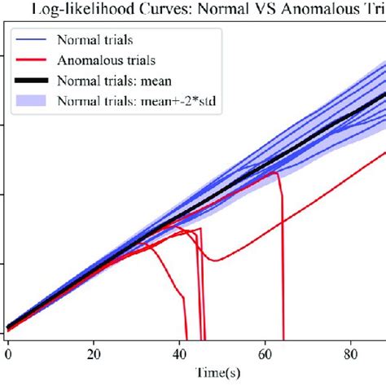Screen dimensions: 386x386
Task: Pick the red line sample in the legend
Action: [33, 59]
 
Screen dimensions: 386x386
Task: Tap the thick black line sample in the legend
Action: [33, 80]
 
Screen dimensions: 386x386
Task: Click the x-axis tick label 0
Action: [8, 354]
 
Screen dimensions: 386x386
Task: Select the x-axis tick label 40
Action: [181, 354]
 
